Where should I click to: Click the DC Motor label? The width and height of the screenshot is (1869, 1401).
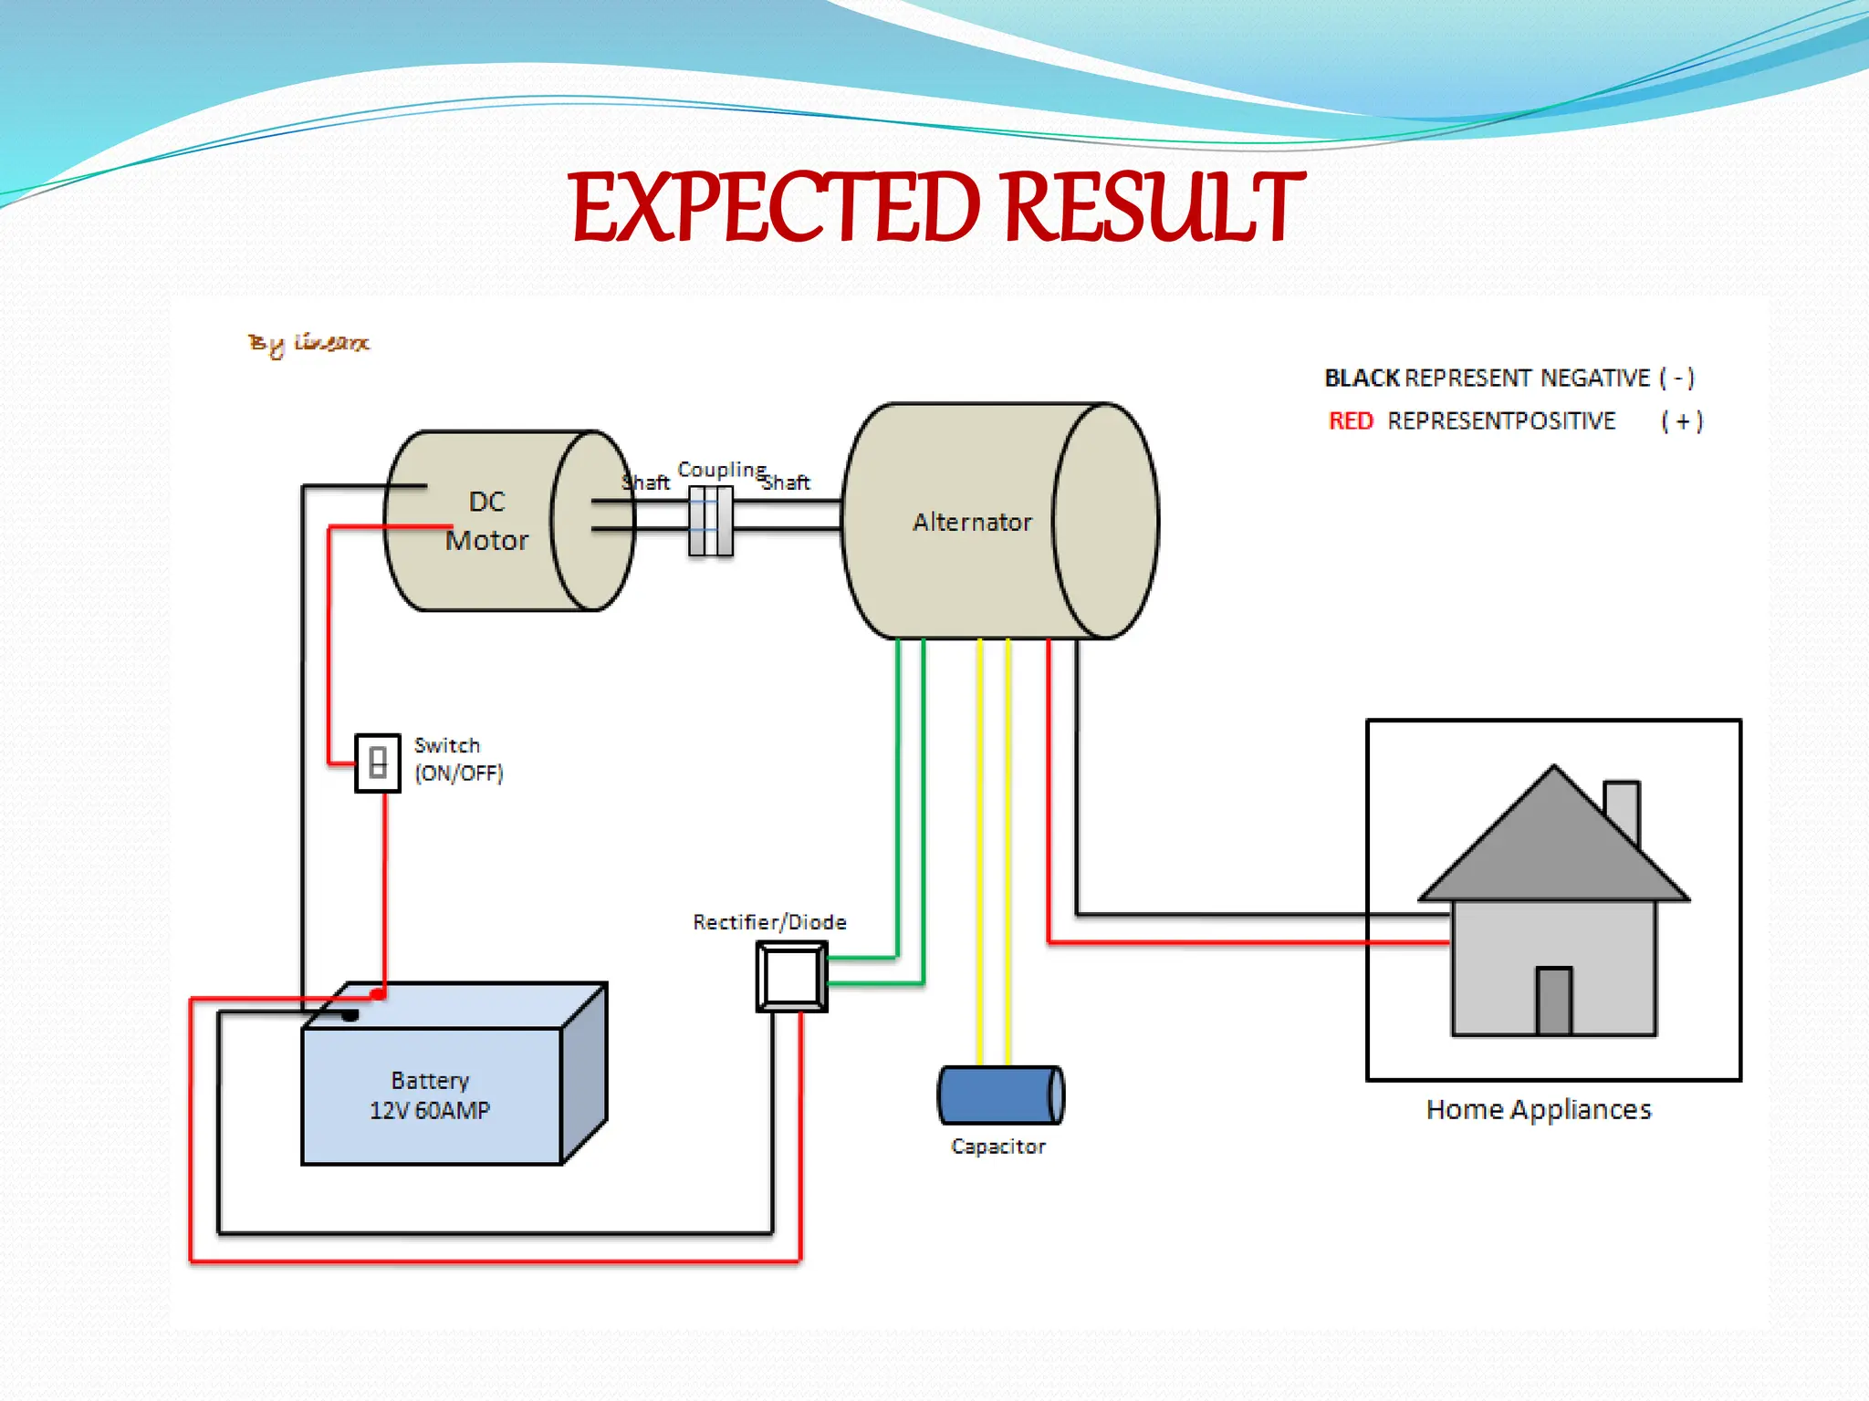486,521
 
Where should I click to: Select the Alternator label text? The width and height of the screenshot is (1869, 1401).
972,522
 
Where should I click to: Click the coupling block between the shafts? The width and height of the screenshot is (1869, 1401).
710,521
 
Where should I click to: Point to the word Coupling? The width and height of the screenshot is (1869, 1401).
721,469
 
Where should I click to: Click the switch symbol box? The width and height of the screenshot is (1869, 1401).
378,763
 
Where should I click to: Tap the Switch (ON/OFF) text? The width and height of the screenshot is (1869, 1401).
458,759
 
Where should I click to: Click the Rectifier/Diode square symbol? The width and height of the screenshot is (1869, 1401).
791,977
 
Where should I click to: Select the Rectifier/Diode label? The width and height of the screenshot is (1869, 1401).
769,922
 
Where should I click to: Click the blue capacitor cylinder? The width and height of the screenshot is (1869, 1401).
1000,1095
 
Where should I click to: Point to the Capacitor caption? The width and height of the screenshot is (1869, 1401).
997,1147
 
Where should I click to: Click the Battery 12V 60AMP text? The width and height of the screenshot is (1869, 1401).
430,1095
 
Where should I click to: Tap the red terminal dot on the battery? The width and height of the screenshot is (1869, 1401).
377,993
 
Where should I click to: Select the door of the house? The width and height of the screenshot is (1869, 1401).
1553,1001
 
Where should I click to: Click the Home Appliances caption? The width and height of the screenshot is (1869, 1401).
1539,1109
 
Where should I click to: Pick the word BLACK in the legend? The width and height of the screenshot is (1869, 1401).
1362,378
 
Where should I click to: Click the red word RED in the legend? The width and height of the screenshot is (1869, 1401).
1351,420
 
